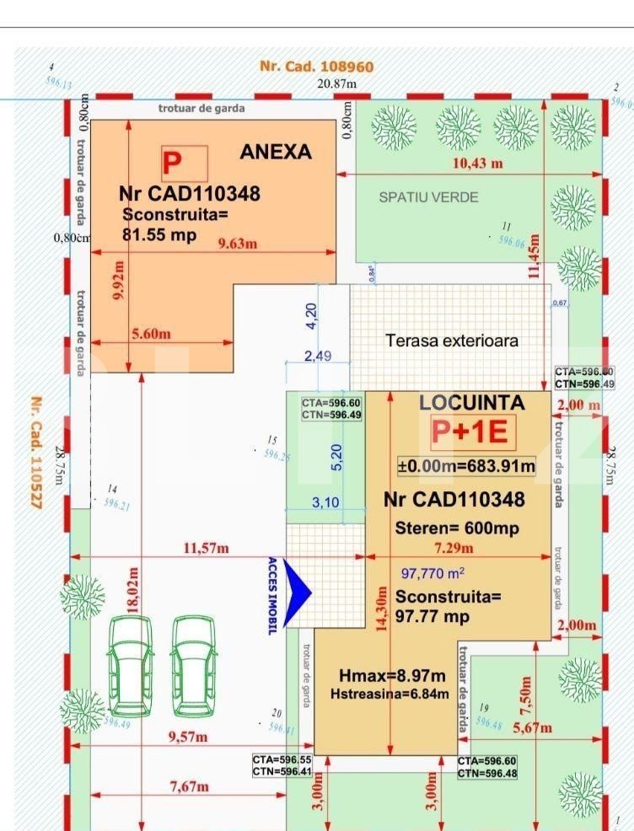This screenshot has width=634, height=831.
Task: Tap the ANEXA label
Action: click(x=276, y=153)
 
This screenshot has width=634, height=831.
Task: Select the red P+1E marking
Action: click(x=470, y=432)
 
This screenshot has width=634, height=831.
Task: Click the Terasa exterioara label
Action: click(x=452, y=341)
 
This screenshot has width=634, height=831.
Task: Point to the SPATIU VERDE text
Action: click(x=428, y=197)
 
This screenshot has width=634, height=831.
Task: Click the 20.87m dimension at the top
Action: click(x=336, y=83)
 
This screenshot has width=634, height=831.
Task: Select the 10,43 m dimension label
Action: click(x=478, y=164)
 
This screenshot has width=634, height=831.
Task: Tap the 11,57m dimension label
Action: click(x=207, y=550)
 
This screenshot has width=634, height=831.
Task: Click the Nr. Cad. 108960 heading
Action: click(x=316, y=67)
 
